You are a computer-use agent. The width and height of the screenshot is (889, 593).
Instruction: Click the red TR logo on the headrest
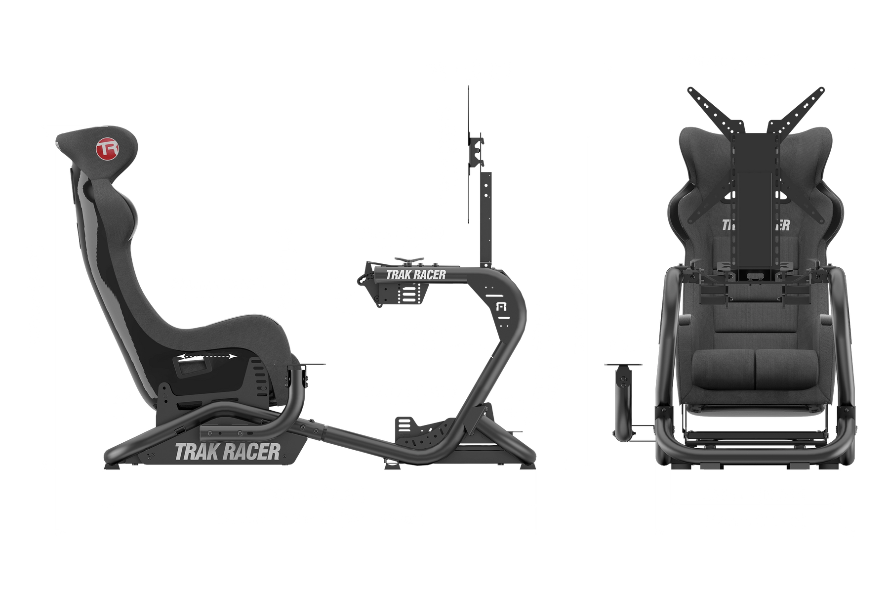point(106,149)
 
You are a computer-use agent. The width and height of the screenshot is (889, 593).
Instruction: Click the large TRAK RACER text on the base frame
point(228,451)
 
